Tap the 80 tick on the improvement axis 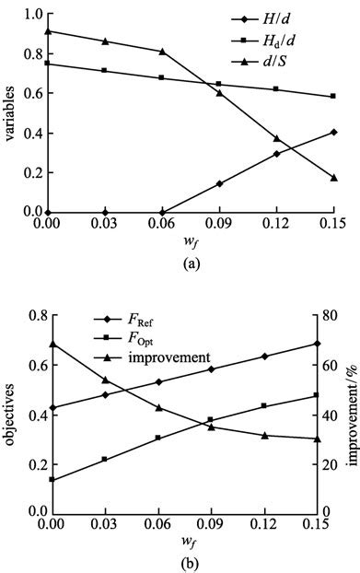pyautogui.click(x=331, y=317)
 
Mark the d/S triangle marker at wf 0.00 pyautogui.click(x=48, y=31)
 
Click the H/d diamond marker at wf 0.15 pyautogui.click(x=333, y=132)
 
